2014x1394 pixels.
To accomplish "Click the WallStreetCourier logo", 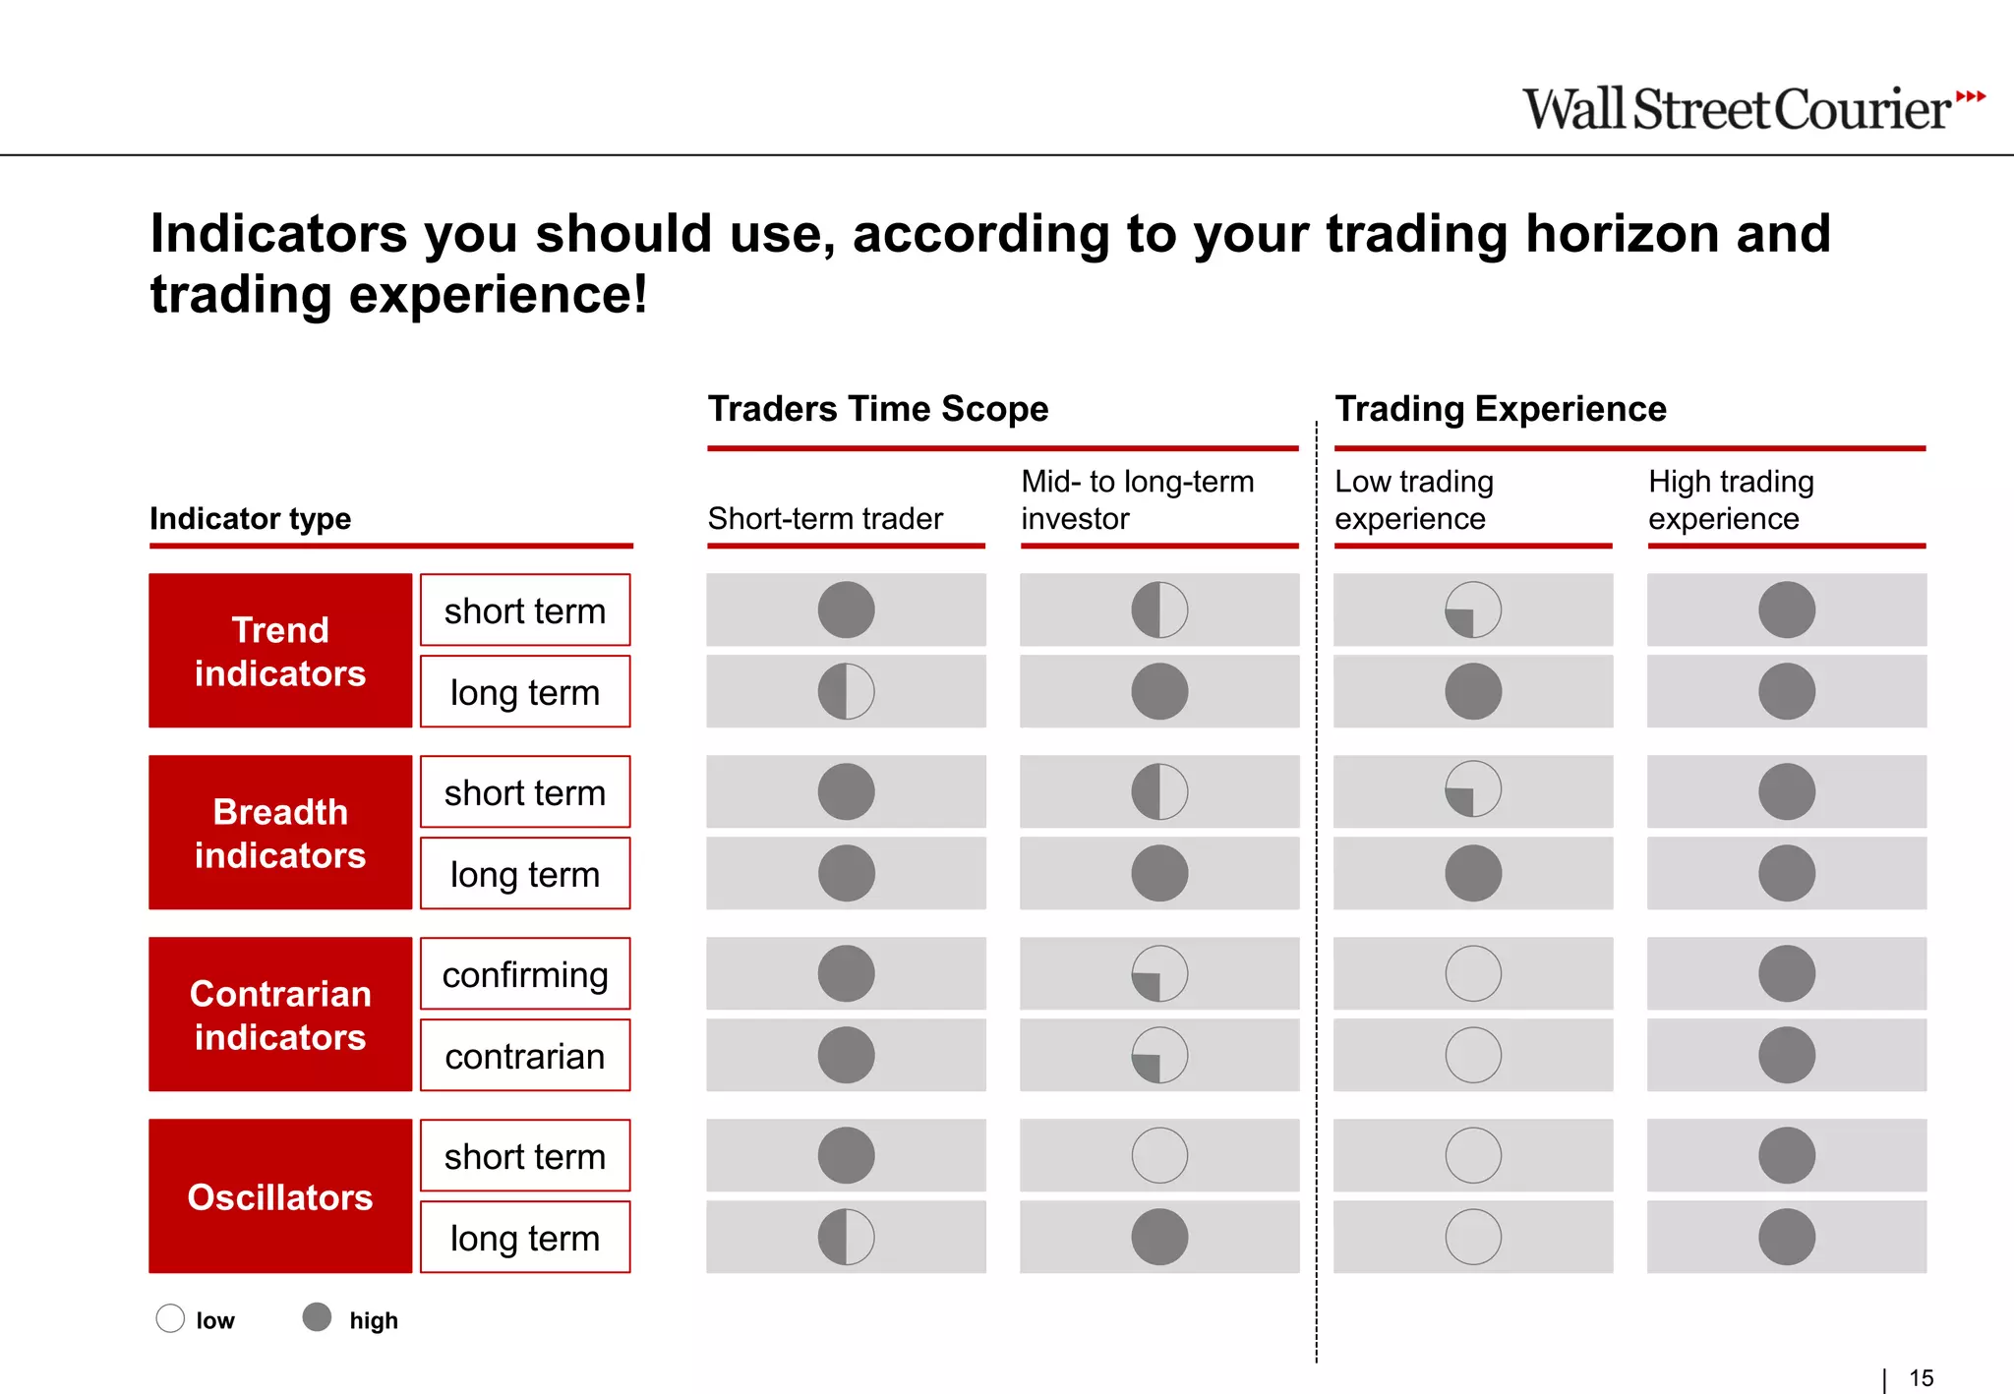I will (x=1752, y=108).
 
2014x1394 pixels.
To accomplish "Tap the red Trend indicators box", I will (x=280, y=651).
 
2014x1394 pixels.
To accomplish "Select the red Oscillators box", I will (x=280, y=1196).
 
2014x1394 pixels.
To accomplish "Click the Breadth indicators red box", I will (x=280, y=833).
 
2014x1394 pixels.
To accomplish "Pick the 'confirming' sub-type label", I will (x=525, y=974).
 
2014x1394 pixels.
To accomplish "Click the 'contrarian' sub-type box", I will (x=525, y=1056).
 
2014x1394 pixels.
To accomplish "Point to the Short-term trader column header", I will (x=825, y=518).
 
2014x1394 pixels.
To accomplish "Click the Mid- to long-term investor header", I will (x=1137, y=499).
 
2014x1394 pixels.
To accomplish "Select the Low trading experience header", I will (x=1413, y=499).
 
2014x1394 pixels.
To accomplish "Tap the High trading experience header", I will (x=1731, y=499).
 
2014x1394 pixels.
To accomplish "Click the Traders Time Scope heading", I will (x=878, y=408).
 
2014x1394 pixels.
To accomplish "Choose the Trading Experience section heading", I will (x=1500, y=408).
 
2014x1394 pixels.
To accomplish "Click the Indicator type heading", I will (x=250, y=518).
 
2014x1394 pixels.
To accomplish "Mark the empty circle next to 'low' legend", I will (x=170, y=1318).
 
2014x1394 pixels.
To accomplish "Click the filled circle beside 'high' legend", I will (x=317, y=1317).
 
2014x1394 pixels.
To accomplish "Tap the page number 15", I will (x=1921, y=1378).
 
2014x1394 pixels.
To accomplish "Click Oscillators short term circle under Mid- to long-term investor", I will (x=1159, y=1155).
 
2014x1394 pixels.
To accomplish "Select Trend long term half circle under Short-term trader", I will (x=846, y=691).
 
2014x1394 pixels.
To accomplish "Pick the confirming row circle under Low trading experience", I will (x=1473, y=973).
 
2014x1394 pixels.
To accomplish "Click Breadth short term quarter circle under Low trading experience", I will (x=1473, y=789).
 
